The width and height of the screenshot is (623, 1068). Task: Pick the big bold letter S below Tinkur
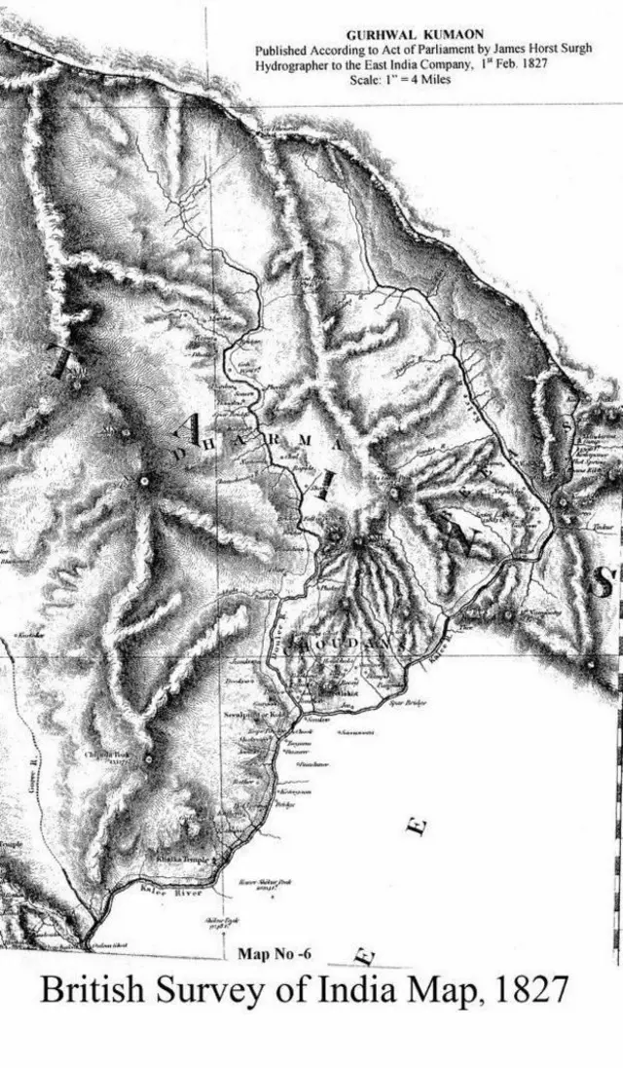tap(603, 582)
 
